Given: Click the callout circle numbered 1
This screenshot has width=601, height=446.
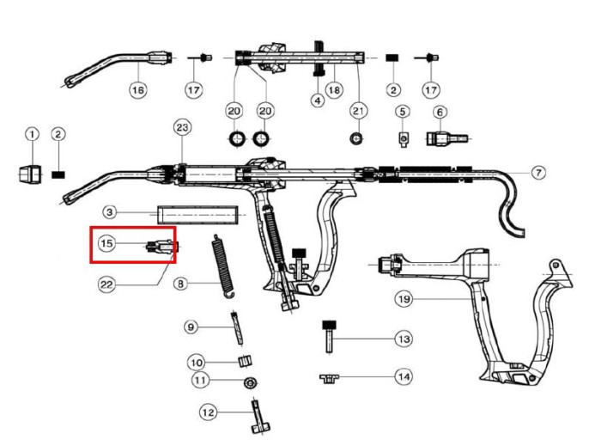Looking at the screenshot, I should (x=32, y=134).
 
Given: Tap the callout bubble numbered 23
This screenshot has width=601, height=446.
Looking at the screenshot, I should (x=182, y=127).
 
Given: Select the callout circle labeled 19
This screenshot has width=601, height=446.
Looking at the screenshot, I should (x=404, y=299).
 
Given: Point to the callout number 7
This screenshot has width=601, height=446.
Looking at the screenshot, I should (x=538, y=173).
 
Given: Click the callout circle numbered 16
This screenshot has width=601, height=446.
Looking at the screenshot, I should (x=137, y=89).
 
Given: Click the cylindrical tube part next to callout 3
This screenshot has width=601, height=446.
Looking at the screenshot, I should (x=197, y=211).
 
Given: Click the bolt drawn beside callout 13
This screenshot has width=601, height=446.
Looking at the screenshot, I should (x=330, y=338).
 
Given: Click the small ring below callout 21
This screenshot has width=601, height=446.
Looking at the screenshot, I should (x=357, y=138).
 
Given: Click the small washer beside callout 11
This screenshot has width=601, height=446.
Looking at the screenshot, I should (x=250, y=382).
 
